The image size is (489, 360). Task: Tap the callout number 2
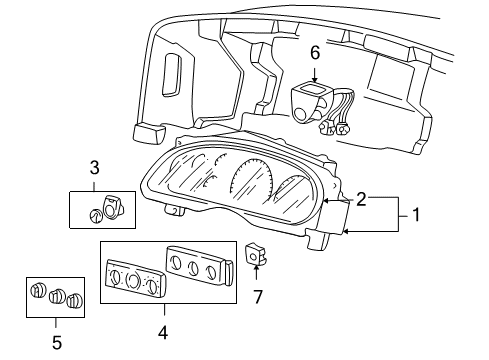361,200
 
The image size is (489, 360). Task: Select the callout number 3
94,167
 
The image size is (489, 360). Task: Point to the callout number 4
165,327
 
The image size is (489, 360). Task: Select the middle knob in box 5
57,297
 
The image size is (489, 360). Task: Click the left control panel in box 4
132,275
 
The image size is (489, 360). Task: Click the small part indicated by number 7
254,254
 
